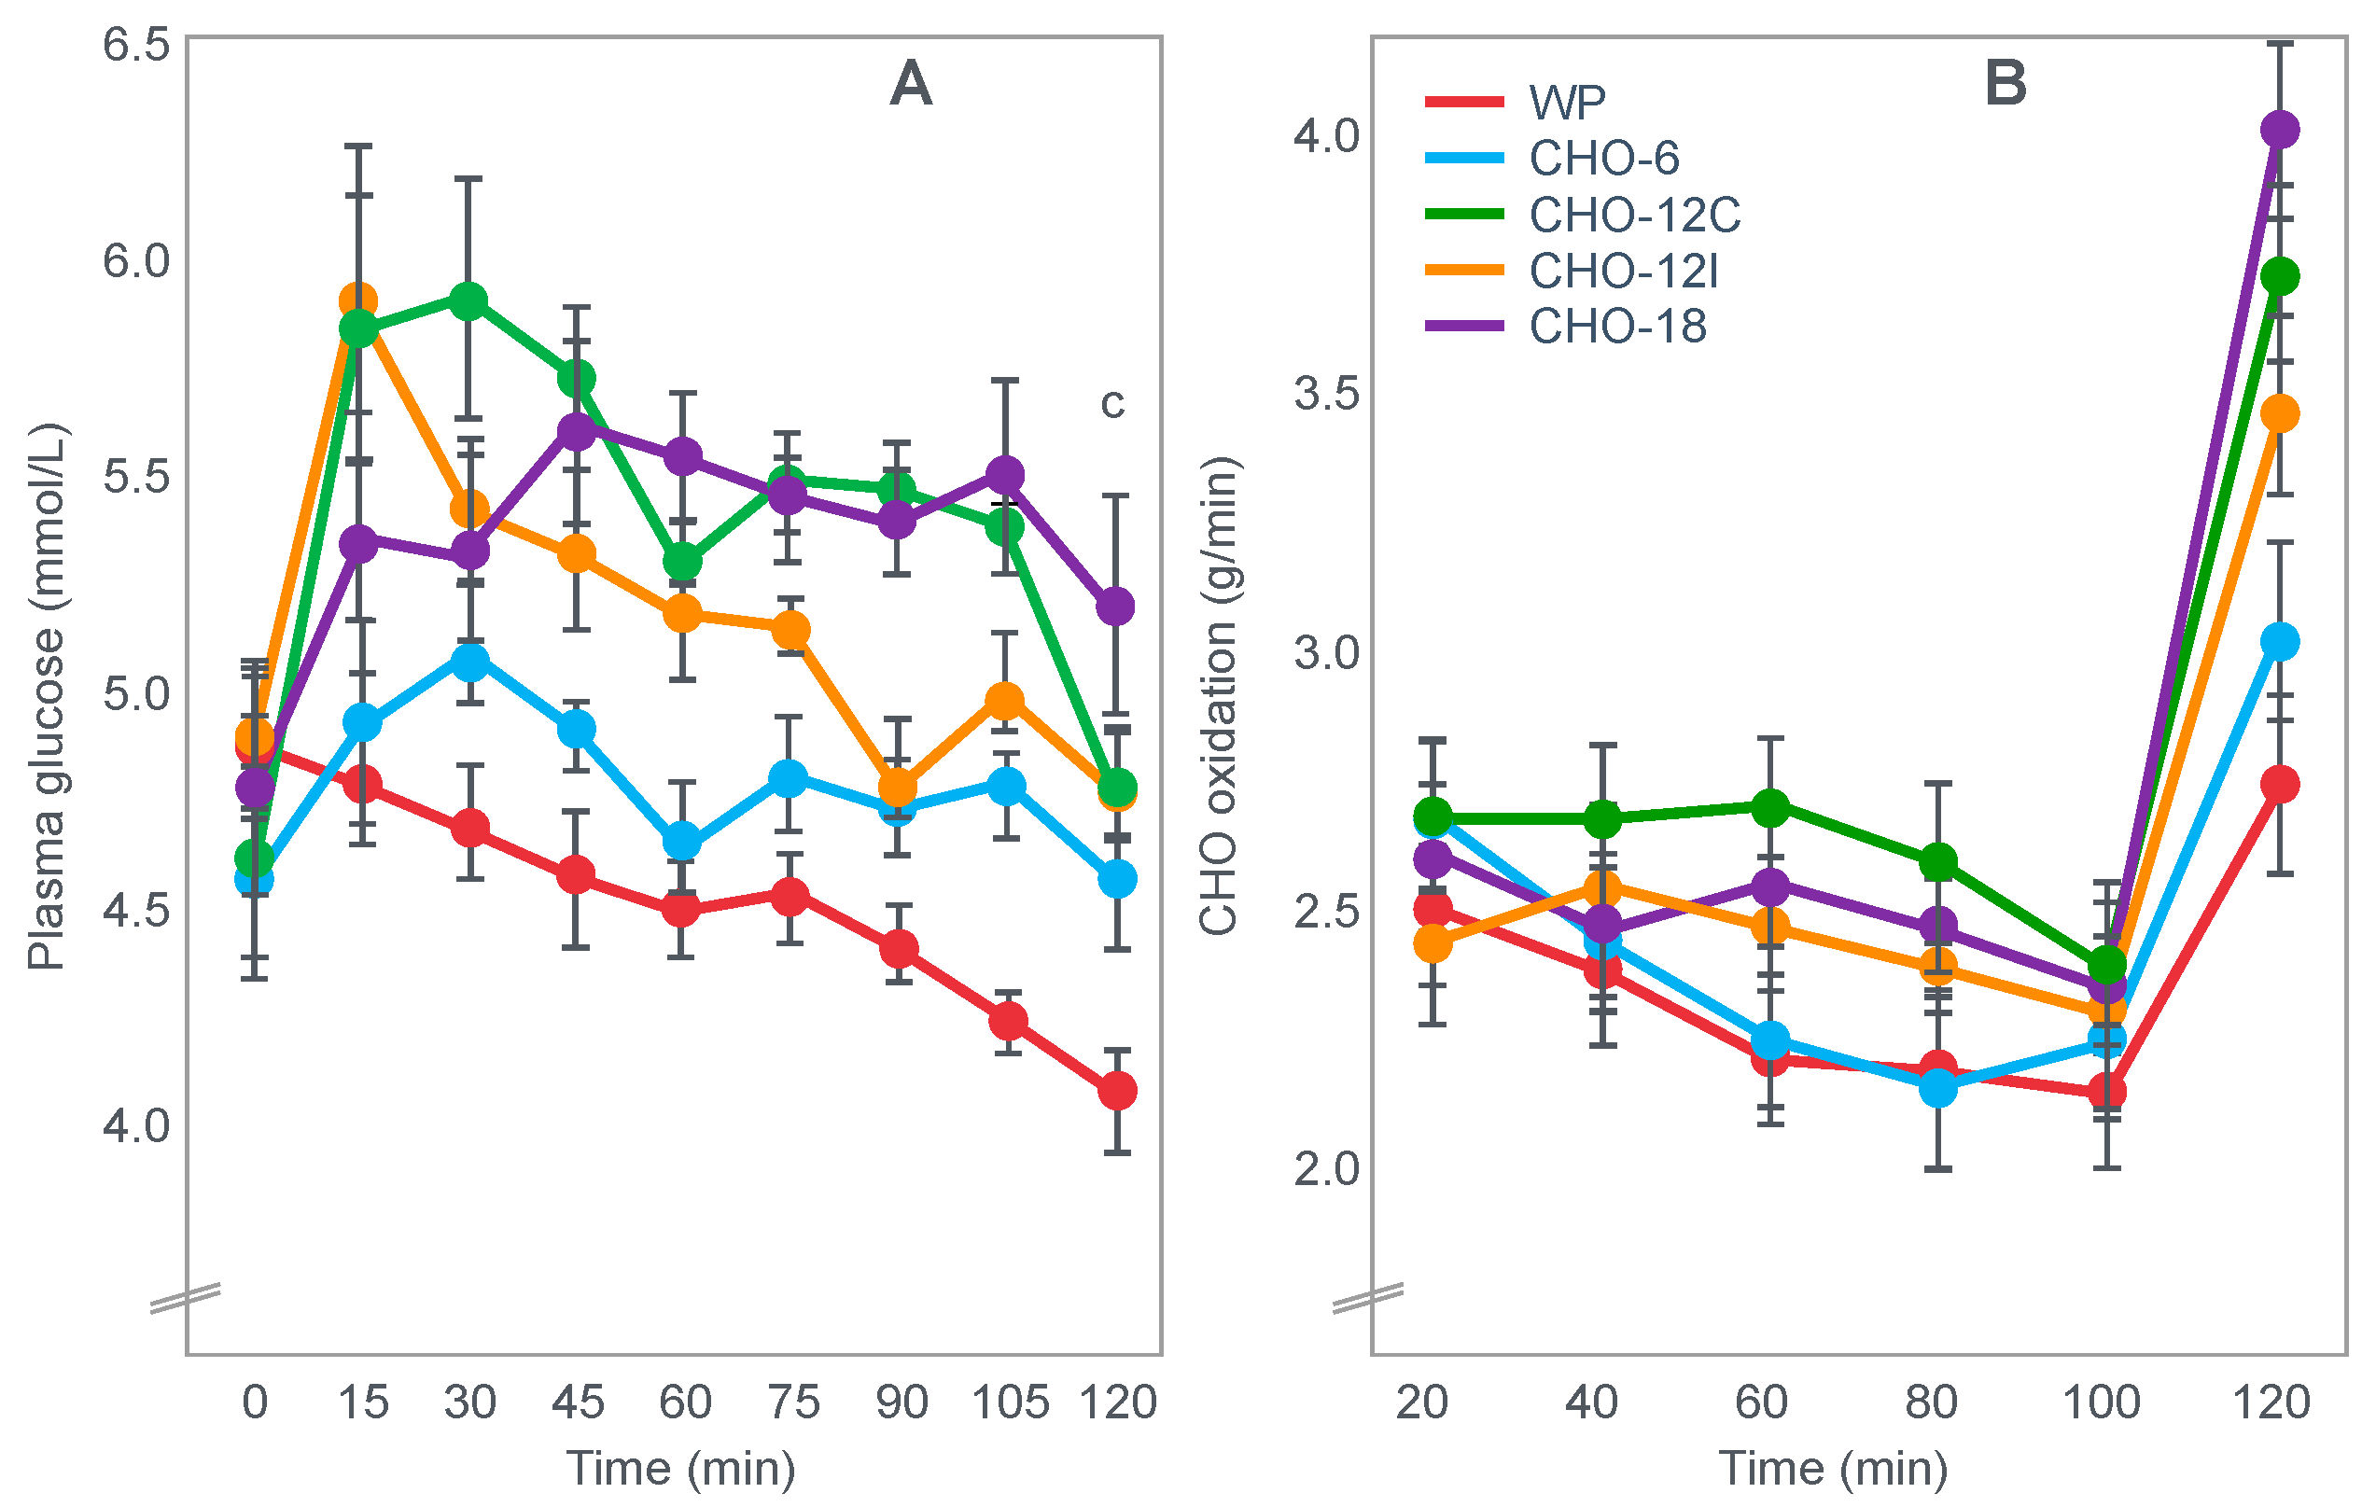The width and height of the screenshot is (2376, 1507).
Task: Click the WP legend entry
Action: click(1515, 102)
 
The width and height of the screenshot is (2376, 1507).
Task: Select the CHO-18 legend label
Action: click(1565, 327)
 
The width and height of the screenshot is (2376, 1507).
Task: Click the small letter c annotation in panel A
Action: click(1112, 404)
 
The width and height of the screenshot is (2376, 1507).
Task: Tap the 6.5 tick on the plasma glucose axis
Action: click(137, 46)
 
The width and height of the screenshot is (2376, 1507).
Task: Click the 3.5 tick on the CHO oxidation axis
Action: click(1326, 394)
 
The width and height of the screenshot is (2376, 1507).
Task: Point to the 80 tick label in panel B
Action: click(1931, 1402)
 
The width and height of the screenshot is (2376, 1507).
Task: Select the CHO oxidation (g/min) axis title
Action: click(1219, 696)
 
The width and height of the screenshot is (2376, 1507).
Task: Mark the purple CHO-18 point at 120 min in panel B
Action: click(2279, 130)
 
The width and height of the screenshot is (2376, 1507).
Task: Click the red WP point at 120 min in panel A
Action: click(1117, 1091)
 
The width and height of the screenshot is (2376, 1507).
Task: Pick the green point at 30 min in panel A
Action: click(468, 300)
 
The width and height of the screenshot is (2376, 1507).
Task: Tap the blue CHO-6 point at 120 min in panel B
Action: click(2279, 641)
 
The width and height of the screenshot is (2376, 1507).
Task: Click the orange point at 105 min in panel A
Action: click(1004, 701)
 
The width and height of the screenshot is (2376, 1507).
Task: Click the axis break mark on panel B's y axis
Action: click(1367, 1299)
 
